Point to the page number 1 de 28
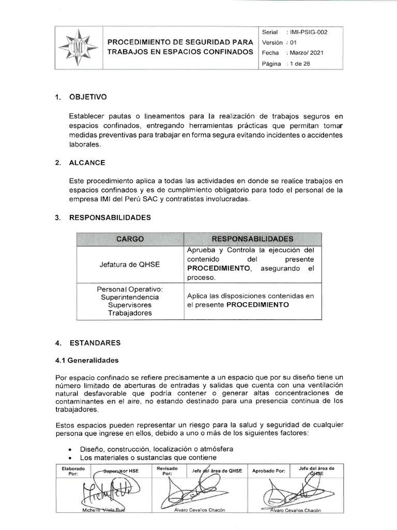pyautogui.click(x=299, y=64)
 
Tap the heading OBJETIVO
pyautogui.click(x=87, y=97)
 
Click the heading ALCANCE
pyautogui.click(x=87, y=163)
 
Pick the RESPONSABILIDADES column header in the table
pyautogui.click(x=253, y=239)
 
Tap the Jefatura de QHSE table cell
pyautogui.click(x=130, y=264)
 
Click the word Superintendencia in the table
pyautogui.click(x=130, y=298)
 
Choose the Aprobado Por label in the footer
pyautogui.click(x=268, y=471)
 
